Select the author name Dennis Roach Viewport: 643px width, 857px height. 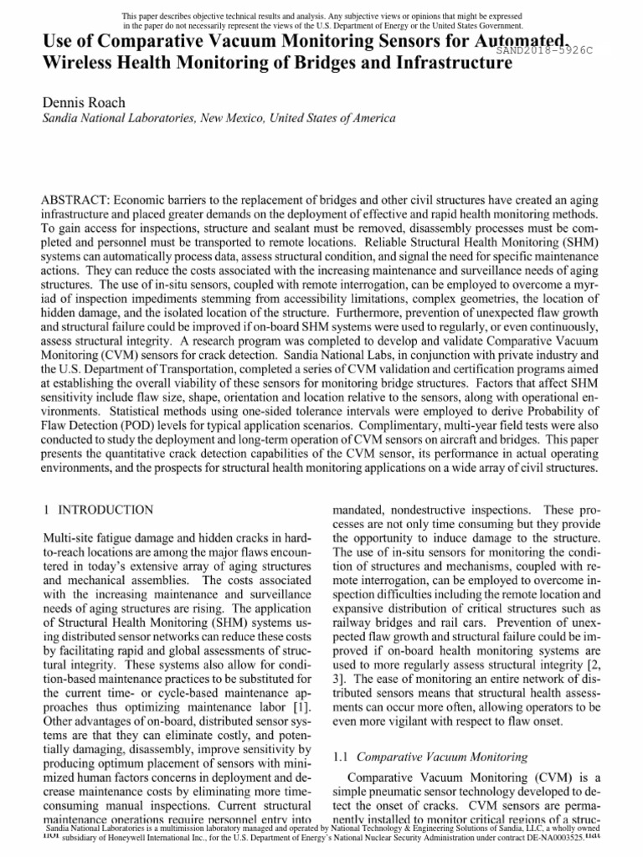click(84, 103)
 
